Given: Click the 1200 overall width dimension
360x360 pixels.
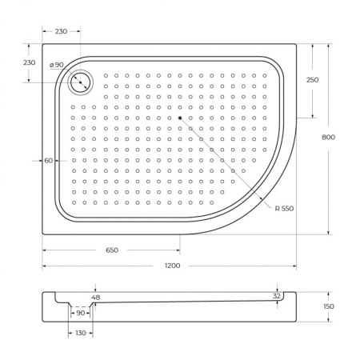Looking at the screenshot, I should [172, 265].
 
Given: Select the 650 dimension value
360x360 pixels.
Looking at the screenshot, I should [111, 250].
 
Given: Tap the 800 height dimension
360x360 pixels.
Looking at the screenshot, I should [328, 137].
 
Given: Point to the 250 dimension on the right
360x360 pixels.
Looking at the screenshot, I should [312, 79].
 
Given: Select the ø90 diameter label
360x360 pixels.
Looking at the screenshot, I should [56, 65].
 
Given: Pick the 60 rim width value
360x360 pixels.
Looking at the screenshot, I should [49, 161].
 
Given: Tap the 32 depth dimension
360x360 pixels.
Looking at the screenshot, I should [276, 295].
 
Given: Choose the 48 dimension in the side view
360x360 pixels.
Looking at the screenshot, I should [96, 298].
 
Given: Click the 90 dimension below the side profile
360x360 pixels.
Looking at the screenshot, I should [80, 313].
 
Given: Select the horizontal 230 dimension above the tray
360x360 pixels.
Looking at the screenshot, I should [62, 30].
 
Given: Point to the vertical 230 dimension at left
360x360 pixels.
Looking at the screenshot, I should [29, 62].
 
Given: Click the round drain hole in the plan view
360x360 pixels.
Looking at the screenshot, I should [82, 81].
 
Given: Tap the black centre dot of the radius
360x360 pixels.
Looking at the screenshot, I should [181, 118].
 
